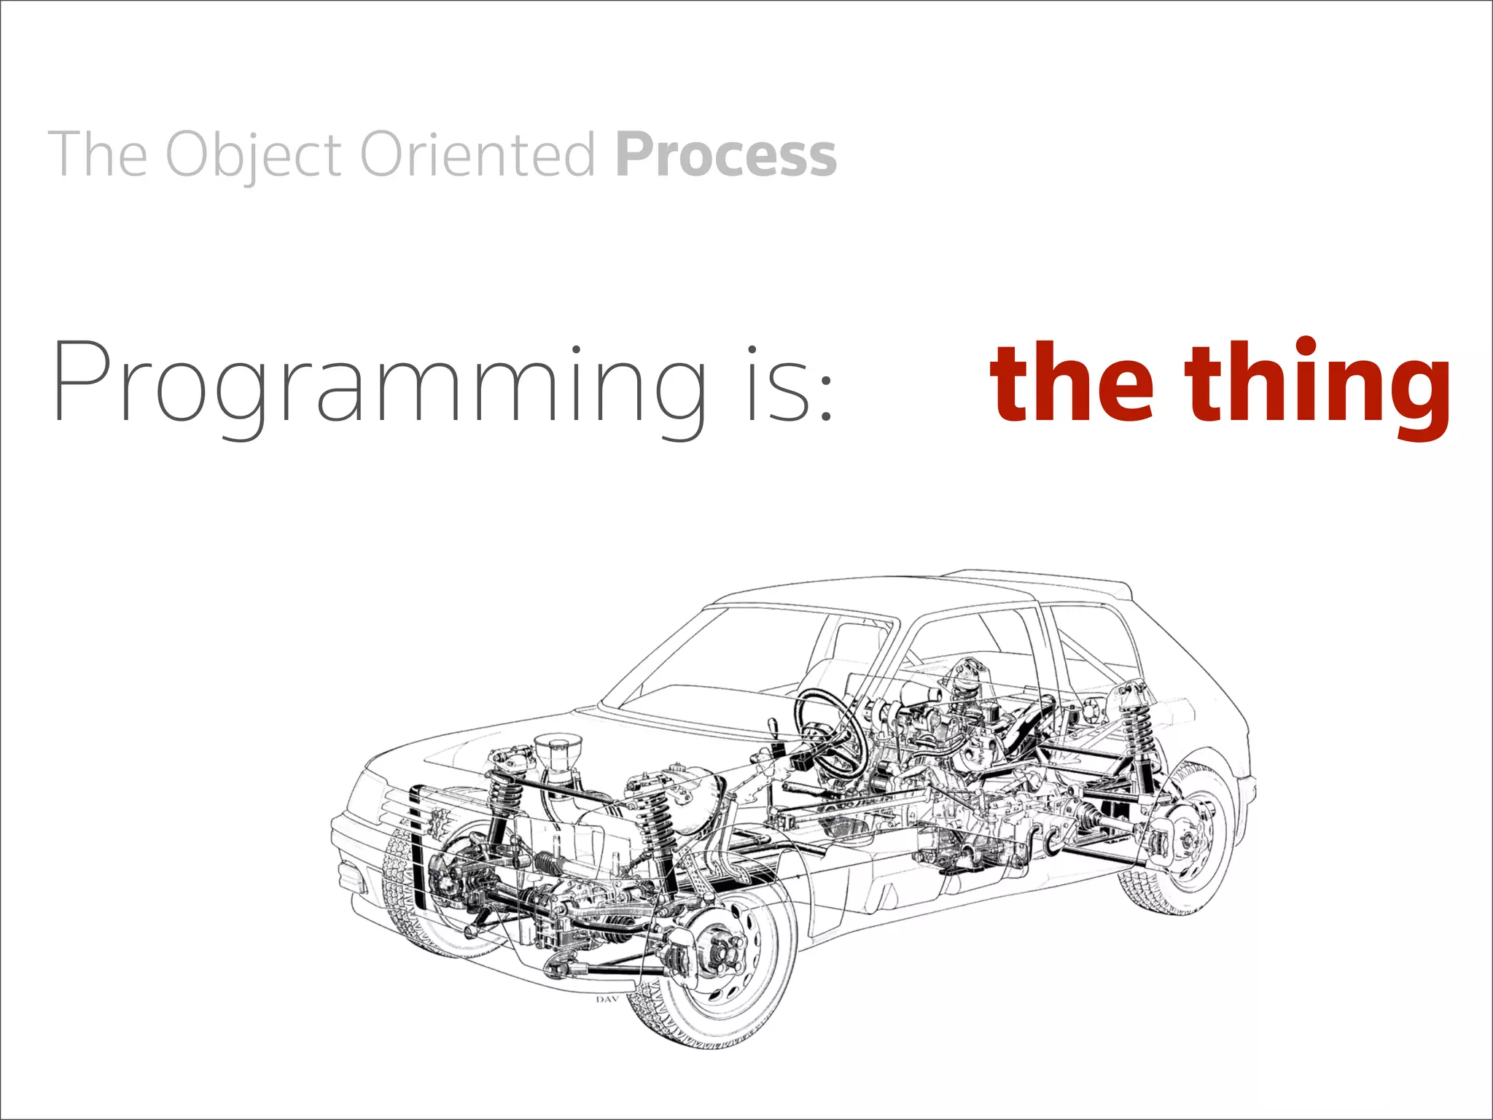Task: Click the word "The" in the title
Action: click(x=98, y=155)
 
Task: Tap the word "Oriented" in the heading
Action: click(x=478, y=155)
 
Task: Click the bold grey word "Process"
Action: click(x=726, y=155)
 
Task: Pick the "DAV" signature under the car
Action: click(x=607, y=1000)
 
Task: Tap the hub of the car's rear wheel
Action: click(x=1185, y=839)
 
